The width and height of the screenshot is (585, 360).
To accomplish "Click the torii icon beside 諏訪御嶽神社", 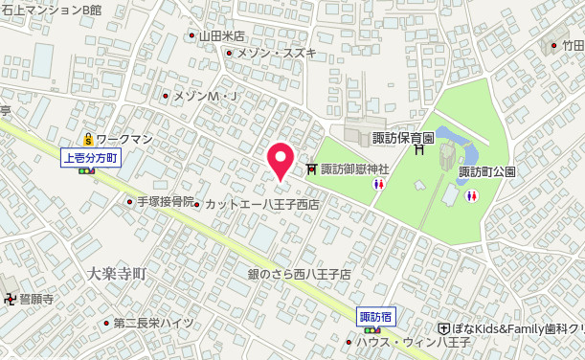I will [x=311, y=169].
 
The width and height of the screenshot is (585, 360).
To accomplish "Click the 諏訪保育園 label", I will [x=403, y=139].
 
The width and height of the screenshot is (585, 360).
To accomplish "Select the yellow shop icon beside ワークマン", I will [x=88, y=139].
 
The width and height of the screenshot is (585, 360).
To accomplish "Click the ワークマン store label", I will [x=124, y=139].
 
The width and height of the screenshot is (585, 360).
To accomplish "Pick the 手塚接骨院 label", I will [x=165, y=202].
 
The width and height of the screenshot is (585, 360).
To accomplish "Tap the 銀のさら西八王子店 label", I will [x=300, y=274].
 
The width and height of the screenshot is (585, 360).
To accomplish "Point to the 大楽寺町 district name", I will [x=115, y=274].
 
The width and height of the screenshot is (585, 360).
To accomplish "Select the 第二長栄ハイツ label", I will [x=153, y=323].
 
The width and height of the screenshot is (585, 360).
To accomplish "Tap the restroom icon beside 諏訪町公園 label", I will [x=470, y=194].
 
